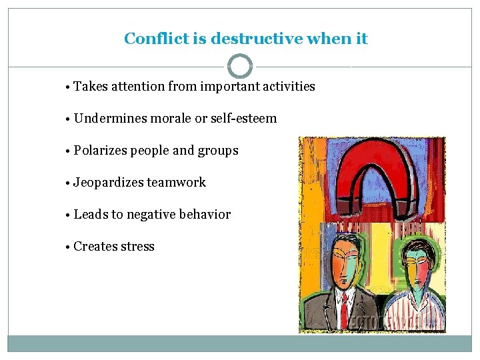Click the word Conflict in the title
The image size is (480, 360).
(157, 39)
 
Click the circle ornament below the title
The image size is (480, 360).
(240, 67)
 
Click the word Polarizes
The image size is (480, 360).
(100, 151)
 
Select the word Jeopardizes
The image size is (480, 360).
(108, 183)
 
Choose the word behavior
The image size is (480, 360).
(209, 215)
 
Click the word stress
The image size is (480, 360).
(137, 247)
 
